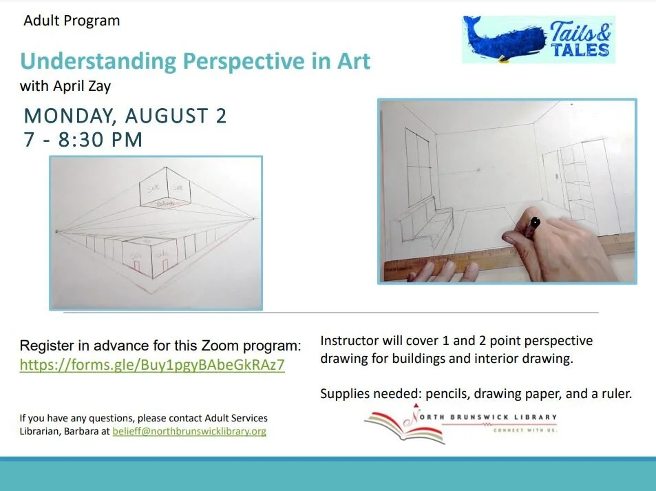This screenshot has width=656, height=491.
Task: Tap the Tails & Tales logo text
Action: click(x=580, y=41)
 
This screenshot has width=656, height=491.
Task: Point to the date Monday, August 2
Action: click(x=125, y=116)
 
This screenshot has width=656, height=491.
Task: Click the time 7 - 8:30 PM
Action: click(x=83, y=140)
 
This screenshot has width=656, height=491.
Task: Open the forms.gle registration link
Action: click(x=152, y=365)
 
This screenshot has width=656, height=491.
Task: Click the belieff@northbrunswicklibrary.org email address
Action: click(x=189, y=432)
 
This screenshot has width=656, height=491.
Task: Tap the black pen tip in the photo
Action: click(x=535, y=222)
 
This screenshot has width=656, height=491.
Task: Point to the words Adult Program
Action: click(x=72, y=21)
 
